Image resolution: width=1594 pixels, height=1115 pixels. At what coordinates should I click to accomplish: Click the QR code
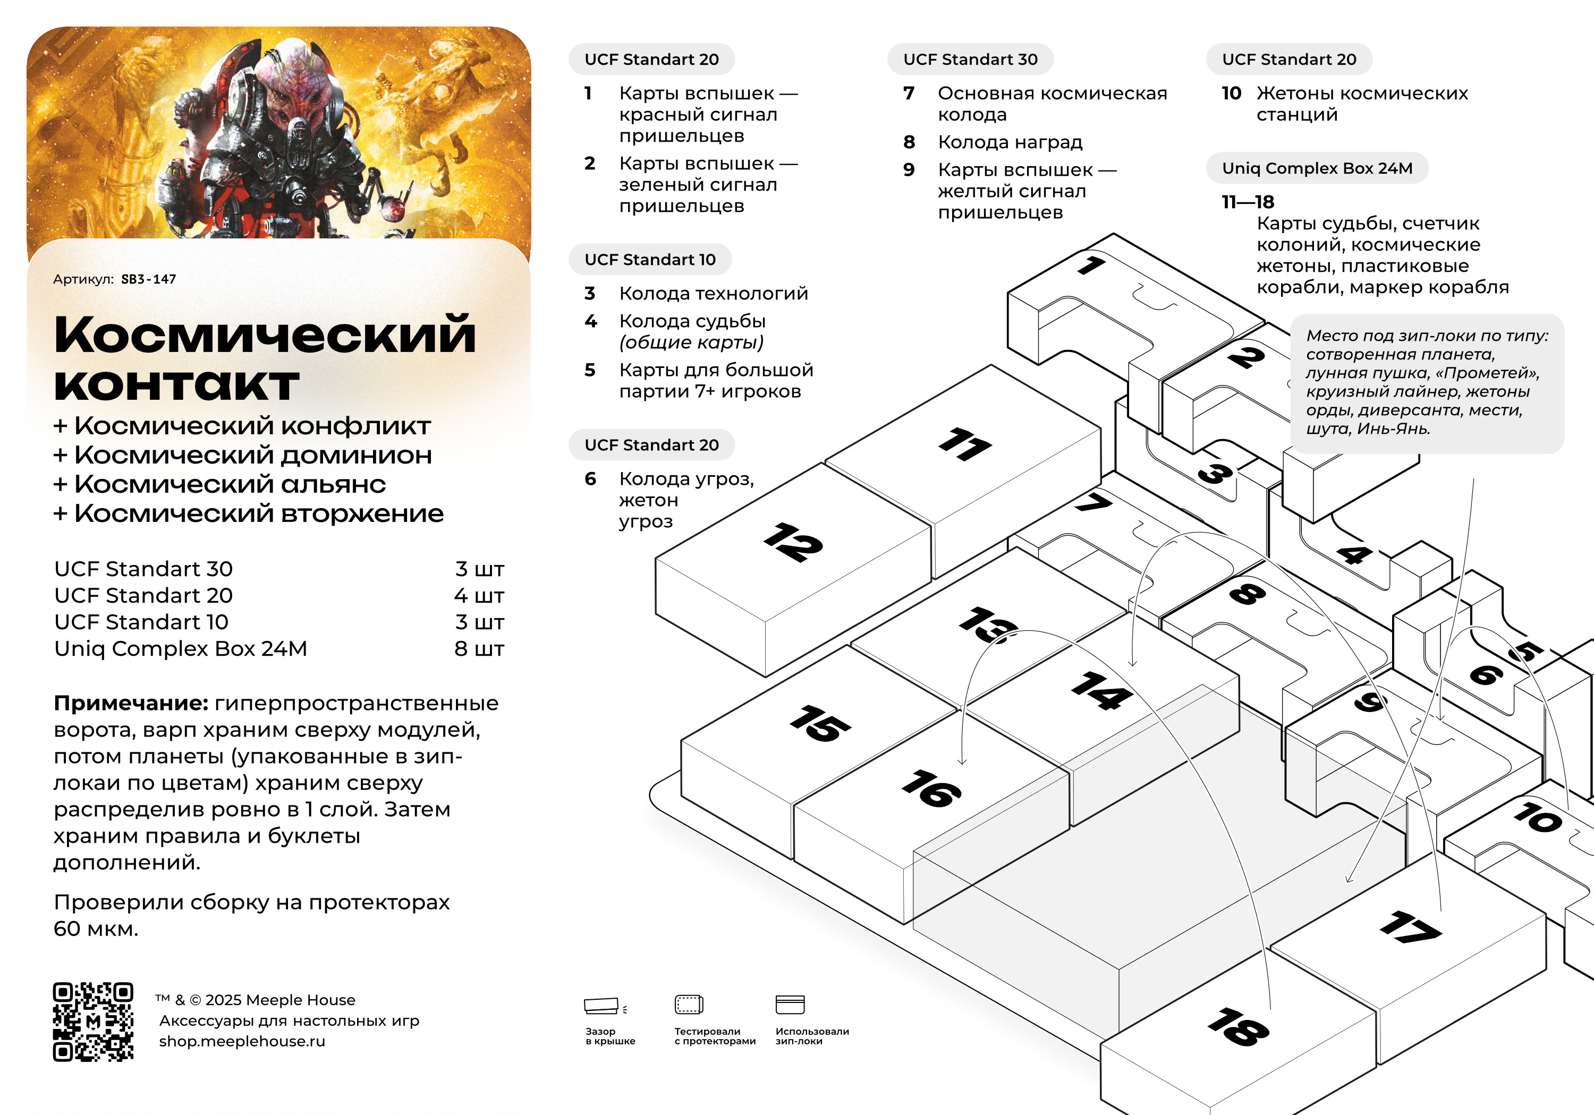pyautogui.click(x=93, y=1022)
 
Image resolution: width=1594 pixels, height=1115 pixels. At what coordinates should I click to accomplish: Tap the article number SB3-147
pyautogui.click(x=149, y=279)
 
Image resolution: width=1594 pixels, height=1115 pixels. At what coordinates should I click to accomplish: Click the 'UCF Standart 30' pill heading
pyautogui.click(x=970, y=59)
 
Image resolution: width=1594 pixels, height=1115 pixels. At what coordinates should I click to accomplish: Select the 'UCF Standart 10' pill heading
pyautogui.click(x=650, y=260)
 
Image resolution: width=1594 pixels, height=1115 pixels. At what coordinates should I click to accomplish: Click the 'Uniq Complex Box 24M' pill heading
pyautogui.click(x=1317, y=168)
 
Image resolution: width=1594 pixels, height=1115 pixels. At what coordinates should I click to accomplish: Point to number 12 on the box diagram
pyautogui.click(x=793, y=542)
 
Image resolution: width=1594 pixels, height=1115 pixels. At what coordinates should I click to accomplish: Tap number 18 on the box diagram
pyautogui.click(x=1239, y=1027)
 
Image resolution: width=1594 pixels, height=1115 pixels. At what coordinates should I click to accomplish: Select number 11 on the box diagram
pyautogui.click(x=965, y=444)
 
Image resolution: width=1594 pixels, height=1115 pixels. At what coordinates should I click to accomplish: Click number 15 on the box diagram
pyautogui.click(x=820, y=724)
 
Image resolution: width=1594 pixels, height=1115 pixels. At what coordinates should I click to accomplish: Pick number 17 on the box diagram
pyautogui.click(x=1410, y=928)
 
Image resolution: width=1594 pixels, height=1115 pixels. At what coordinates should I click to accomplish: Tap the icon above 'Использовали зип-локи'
pyautogui.click(x=790, y=1005)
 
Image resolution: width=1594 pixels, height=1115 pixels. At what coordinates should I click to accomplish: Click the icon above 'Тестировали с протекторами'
pyautogui.click(x=689, y=1005)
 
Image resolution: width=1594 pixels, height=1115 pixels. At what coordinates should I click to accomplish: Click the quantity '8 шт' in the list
pyautogui.click(x=479, y=649)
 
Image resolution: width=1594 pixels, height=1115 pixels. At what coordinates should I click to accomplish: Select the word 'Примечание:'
pyautogui.click(x=131, y=704)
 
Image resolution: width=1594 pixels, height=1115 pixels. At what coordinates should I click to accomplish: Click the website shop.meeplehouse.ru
pyautogui.click(x=242, y=1041)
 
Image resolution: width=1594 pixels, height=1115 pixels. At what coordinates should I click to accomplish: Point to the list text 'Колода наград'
pyautogui.click(x=1010, y=142)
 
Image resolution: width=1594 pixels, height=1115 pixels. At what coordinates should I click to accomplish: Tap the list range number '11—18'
pyautogui.click(x=1248, y=202)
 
